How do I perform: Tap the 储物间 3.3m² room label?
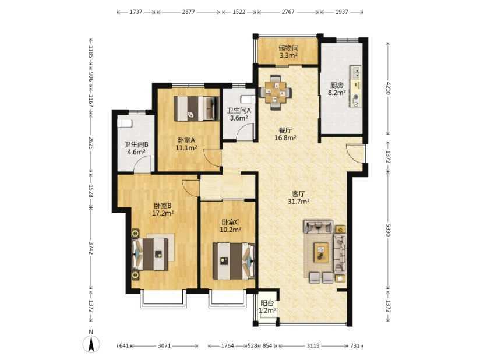coord(288,51)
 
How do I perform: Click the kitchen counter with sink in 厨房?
coord(355,86)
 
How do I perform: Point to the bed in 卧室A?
coord(196,108)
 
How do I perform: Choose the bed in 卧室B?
coord(150,254)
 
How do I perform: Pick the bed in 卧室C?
coord(234,261)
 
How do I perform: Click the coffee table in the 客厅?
coord(321,252)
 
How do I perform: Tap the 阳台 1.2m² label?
coord(267,307)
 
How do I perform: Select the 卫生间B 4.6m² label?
coord(136,148)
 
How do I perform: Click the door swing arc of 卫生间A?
coord(246,131)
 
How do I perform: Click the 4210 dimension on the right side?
coord(389,88)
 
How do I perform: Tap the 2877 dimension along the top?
coord(188,12)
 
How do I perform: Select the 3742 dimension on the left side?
coord(91,248)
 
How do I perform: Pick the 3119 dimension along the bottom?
coord(313,345)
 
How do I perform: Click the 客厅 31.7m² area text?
coord(298,197)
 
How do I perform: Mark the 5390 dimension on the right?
coord(389,230)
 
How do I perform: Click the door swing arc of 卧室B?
coord(189,186)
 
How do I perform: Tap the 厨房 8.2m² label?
coord(337,89)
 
